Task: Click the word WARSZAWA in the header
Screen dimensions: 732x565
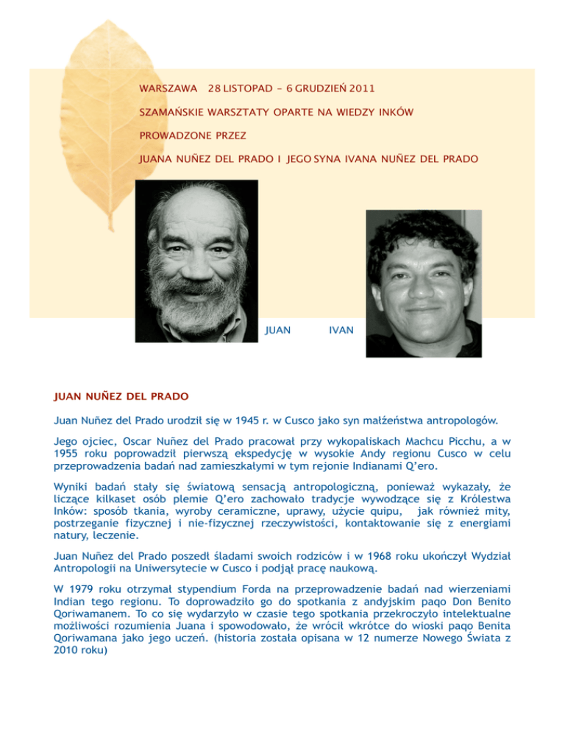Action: (x=168, y=89)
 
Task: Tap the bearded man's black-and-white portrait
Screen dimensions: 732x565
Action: (x=196, y=260)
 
